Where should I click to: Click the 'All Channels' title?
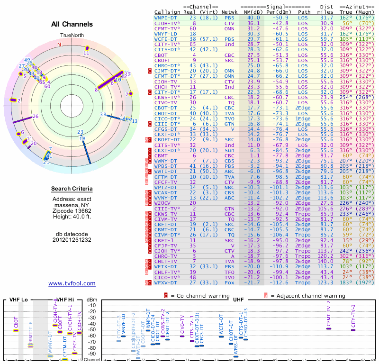72,24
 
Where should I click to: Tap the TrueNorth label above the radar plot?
72,36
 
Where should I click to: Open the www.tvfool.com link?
72,283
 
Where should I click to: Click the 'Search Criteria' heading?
72,189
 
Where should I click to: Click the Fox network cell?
229,282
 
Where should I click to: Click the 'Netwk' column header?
229,12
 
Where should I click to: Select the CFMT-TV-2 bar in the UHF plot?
329,328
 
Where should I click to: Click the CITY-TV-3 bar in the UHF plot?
353,330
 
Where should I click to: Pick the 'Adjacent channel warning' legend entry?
303,295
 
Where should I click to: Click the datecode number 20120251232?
72,240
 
